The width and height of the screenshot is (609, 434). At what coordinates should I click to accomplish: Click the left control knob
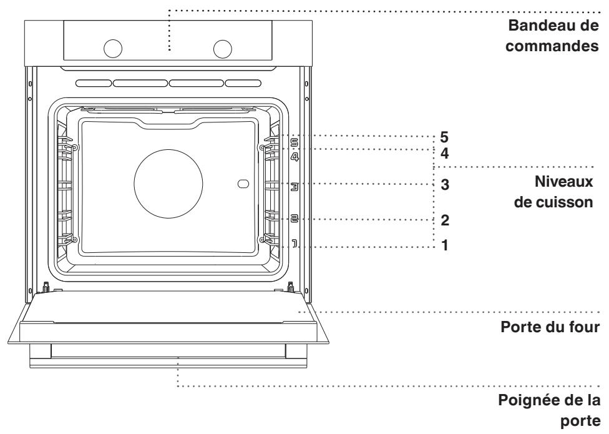pos(113,49)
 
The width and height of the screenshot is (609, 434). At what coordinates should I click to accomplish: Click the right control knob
pos(223,49)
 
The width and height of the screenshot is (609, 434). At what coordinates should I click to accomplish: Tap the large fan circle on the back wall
pos(168,184)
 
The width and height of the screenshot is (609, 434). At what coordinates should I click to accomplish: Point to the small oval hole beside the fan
pos(243,184)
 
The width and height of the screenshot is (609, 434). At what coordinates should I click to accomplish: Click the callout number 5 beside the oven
pos(444,137)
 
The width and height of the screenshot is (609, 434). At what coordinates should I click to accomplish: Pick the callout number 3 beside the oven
pos(445,185)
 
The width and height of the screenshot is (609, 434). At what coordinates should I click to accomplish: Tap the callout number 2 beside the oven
pos(445,220)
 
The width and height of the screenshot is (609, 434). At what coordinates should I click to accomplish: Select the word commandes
pos(552,46)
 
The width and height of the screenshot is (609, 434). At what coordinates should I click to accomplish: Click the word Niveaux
pos(564,182)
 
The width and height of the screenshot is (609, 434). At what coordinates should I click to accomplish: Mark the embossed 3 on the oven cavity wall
pos(295,187)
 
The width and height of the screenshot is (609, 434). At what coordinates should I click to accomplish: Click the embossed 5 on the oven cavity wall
pos(295,143)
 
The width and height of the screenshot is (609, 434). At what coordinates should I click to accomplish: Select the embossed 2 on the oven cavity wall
pos(295,219)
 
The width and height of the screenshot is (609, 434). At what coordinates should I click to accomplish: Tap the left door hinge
pos(46,287)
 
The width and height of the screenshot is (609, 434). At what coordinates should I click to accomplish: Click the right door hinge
pos(290,287)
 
